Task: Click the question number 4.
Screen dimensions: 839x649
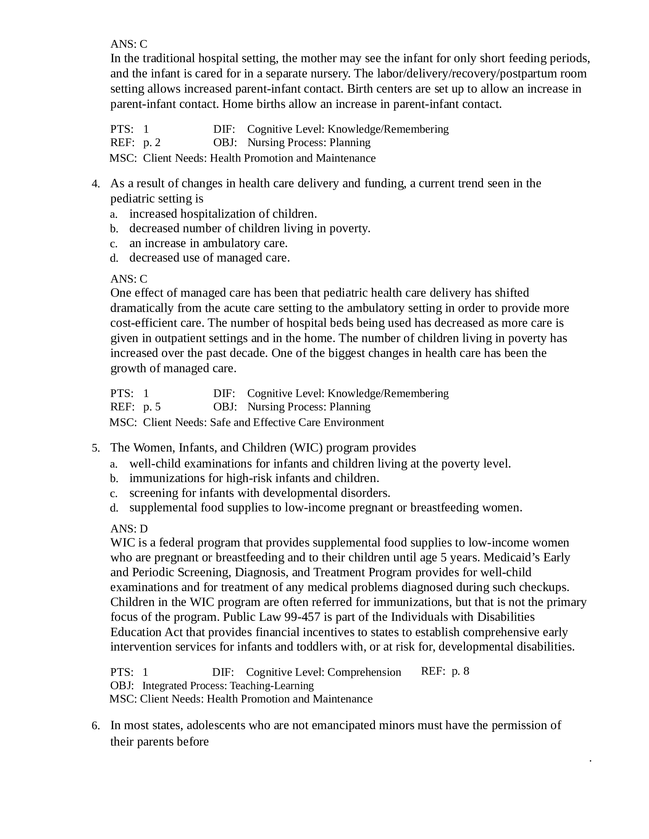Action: coord(95,184)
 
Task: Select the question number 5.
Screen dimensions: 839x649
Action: coord(95,448)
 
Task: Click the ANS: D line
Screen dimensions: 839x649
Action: coord(129,529)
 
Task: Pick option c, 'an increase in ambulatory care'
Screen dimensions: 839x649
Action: coord(208,243)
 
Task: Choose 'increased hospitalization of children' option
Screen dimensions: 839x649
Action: coord(223,214)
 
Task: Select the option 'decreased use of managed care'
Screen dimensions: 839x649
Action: coord(209,257)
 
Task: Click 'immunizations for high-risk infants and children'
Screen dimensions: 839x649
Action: coord(254,478)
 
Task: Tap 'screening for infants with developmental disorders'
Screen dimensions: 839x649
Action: coord(260,493)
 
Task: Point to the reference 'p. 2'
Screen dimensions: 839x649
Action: coord(152,143)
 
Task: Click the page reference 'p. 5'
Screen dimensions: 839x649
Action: coord(152,407)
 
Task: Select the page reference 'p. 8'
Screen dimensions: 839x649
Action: coord(460,671)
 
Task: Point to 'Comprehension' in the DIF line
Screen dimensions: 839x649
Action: coord(364,672)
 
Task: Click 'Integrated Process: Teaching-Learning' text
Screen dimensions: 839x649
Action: coord(228,686)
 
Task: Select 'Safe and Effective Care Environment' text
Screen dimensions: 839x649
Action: coord(297,423)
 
